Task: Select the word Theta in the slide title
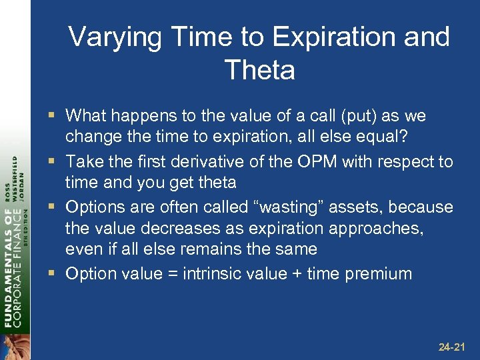click(260, 70)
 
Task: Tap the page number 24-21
click(453, 347)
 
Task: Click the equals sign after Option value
click(178, 274)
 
